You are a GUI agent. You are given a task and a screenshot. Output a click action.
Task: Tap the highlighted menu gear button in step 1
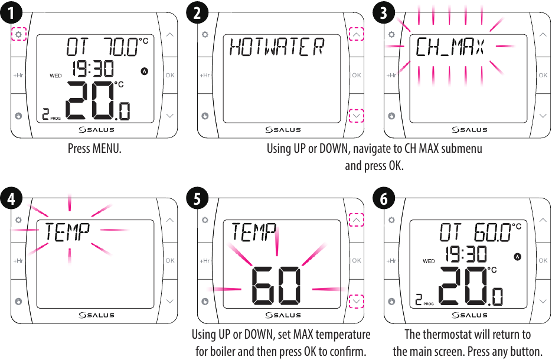[18, 35]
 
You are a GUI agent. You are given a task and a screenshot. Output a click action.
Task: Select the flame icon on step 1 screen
[145, 71]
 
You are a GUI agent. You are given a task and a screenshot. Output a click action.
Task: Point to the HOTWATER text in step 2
[277, 47]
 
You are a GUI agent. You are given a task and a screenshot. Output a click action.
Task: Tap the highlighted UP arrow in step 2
[357, 35]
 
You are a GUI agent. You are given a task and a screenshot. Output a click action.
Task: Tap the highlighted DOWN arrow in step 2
[357, 116]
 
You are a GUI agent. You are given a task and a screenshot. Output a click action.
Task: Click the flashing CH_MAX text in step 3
[450, 47]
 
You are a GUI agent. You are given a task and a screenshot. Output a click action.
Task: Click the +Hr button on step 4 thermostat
[18, 260]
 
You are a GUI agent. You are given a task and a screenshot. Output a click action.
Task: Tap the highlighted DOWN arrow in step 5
[357, 301]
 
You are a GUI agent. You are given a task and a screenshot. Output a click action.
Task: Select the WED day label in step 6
[429, 261]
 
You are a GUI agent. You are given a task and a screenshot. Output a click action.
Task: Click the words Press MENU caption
[94, 148]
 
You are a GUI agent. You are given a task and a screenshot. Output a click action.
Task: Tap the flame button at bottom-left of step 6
[391, 301]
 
